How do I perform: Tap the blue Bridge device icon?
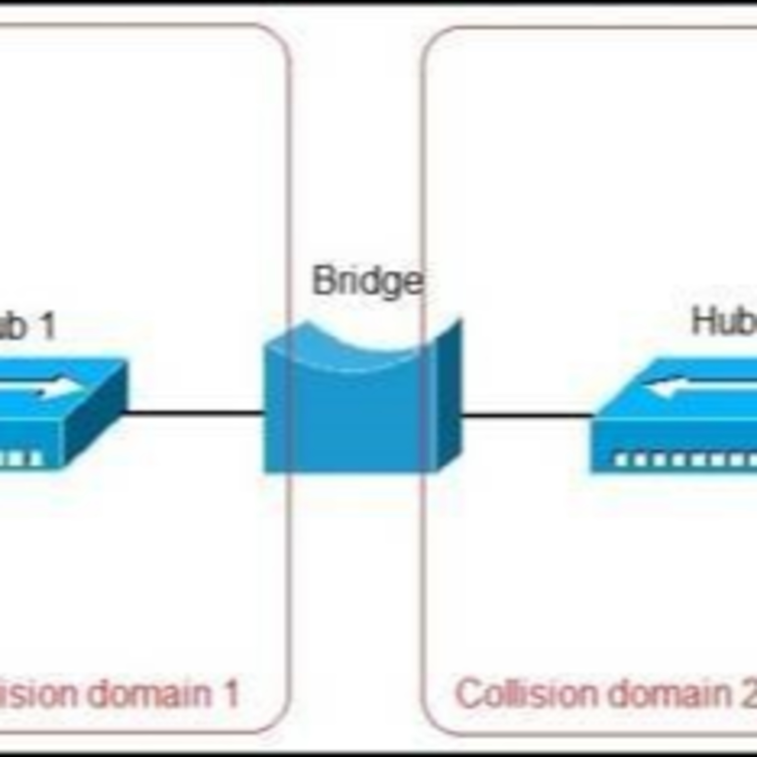click(353, 415)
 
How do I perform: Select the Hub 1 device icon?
click(59, 415)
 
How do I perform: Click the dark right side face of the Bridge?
click(450, 396)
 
